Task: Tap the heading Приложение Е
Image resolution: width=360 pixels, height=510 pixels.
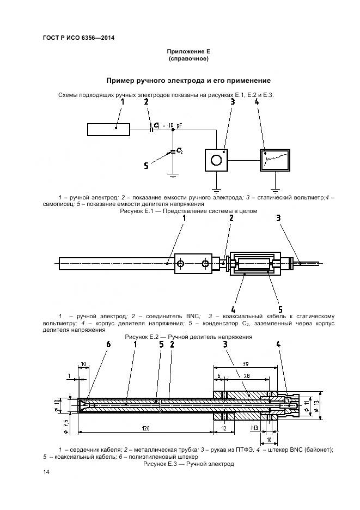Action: point(188,51)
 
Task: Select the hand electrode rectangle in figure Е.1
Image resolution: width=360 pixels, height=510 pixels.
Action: point(108,129)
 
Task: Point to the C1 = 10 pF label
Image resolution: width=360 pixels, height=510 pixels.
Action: point(168,125)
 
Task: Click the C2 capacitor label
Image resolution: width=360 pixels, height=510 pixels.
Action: point(179,151)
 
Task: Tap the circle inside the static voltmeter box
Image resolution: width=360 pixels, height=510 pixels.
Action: point(216,160)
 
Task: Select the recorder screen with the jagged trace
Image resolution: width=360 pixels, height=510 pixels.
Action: point(275,160)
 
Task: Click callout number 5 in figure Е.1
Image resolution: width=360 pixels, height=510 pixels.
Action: point(146,166)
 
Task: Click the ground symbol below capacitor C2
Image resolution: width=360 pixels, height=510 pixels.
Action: point(173,175)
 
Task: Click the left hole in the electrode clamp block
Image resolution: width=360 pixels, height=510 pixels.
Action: point(181,264)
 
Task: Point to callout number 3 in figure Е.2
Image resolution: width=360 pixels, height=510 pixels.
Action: point(278,218)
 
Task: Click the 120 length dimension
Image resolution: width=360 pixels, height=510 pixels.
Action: point(145,429)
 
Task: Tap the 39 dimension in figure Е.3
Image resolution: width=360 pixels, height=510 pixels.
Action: point(246,363)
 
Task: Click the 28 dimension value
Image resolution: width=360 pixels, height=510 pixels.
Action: point(247,377)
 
